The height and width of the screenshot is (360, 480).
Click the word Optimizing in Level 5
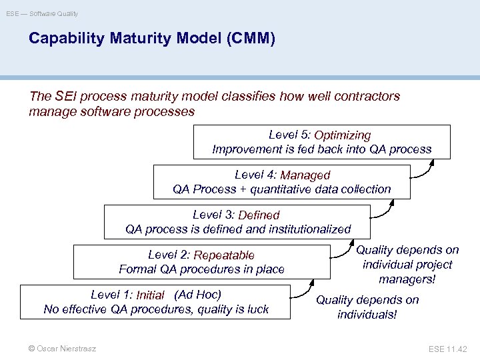[x=343, y=136]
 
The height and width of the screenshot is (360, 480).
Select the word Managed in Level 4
[x=305, y=175]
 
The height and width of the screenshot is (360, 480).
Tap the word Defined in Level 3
[x=259, y=215]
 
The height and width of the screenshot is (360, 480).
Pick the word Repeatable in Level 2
[x=225, y=255]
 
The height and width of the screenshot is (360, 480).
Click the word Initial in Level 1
[x=151, y=295]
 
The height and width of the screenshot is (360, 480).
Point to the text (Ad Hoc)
[x=197, y=295]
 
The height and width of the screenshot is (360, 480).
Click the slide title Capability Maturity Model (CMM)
[x=151, y=39]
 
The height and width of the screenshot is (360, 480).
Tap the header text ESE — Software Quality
[x=43, y=13]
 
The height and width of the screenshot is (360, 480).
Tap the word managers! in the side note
[x=406, y=279]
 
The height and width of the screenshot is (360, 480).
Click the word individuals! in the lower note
[x=367, y=314]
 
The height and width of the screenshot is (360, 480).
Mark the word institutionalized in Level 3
[x=308, y=229]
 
